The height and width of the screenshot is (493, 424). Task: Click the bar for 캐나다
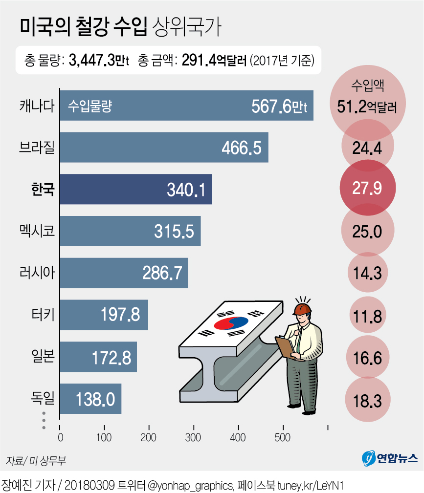[186, 106]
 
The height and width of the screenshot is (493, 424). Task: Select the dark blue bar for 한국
[135, 189]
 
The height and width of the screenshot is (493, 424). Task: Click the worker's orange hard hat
[302, 308]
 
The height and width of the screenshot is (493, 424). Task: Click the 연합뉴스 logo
[389, 458]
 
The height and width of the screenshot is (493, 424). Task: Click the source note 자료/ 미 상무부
[36, 460]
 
